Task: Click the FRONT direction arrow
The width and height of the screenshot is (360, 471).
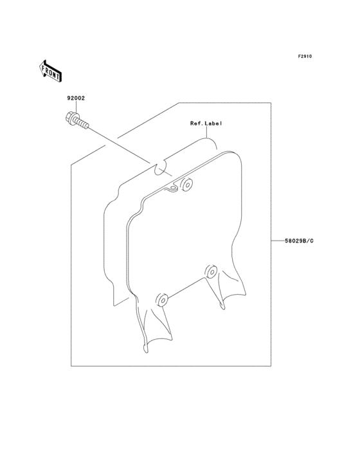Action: point(50,71)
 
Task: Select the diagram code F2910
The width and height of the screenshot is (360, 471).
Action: point(305,56)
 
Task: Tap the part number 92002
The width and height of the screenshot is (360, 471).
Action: point(76,98)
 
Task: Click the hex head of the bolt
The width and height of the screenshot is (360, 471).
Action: point(71,118)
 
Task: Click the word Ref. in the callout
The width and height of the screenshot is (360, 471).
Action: point(197,123)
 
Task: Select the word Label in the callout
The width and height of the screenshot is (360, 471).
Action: point(213,123)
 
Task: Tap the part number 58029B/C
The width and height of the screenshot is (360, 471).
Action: point(299,241)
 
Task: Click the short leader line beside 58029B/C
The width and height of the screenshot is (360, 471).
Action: point(278,241)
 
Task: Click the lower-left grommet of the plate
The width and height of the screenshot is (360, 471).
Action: point(162,300)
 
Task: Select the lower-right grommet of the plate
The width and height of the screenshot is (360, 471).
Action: point(211,272)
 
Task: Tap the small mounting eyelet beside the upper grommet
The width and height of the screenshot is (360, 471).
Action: point(173,189)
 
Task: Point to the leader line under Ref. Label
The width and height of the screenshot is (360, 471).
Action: point(206,131)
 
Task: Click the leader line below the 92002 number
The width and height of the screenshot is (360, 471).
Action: point(76,107)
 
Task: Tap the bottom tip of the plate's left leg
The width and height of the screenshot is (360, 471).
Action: point(146,351)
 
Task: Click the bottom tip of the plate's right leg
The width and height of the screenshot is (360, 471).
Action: point(223,308)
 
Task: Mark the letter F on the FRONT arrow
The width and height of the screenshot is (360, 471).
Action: point(44,69)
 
